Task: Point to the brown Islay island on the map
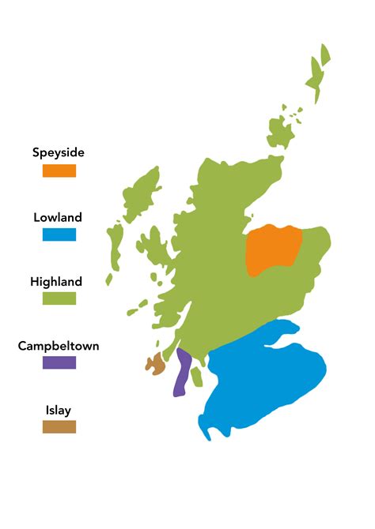pos(155,364)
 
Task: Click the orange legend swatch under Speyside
pos(59,171)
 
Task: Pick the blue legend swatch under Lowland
pos(59,234)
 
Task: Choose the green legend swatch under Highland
pos(59,298)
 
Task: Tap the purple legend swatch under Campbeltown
pos(59,362)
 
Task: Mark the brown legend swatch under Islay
pos(59,426)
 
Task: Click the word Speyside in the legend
pos(59,152)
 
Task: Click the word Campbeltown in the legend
pos(59,345)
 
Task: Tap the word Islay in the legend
pos(59,410)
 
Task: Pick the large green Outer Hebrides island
pos(141,194)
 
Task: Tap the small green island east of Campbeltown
pos(197,377)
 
